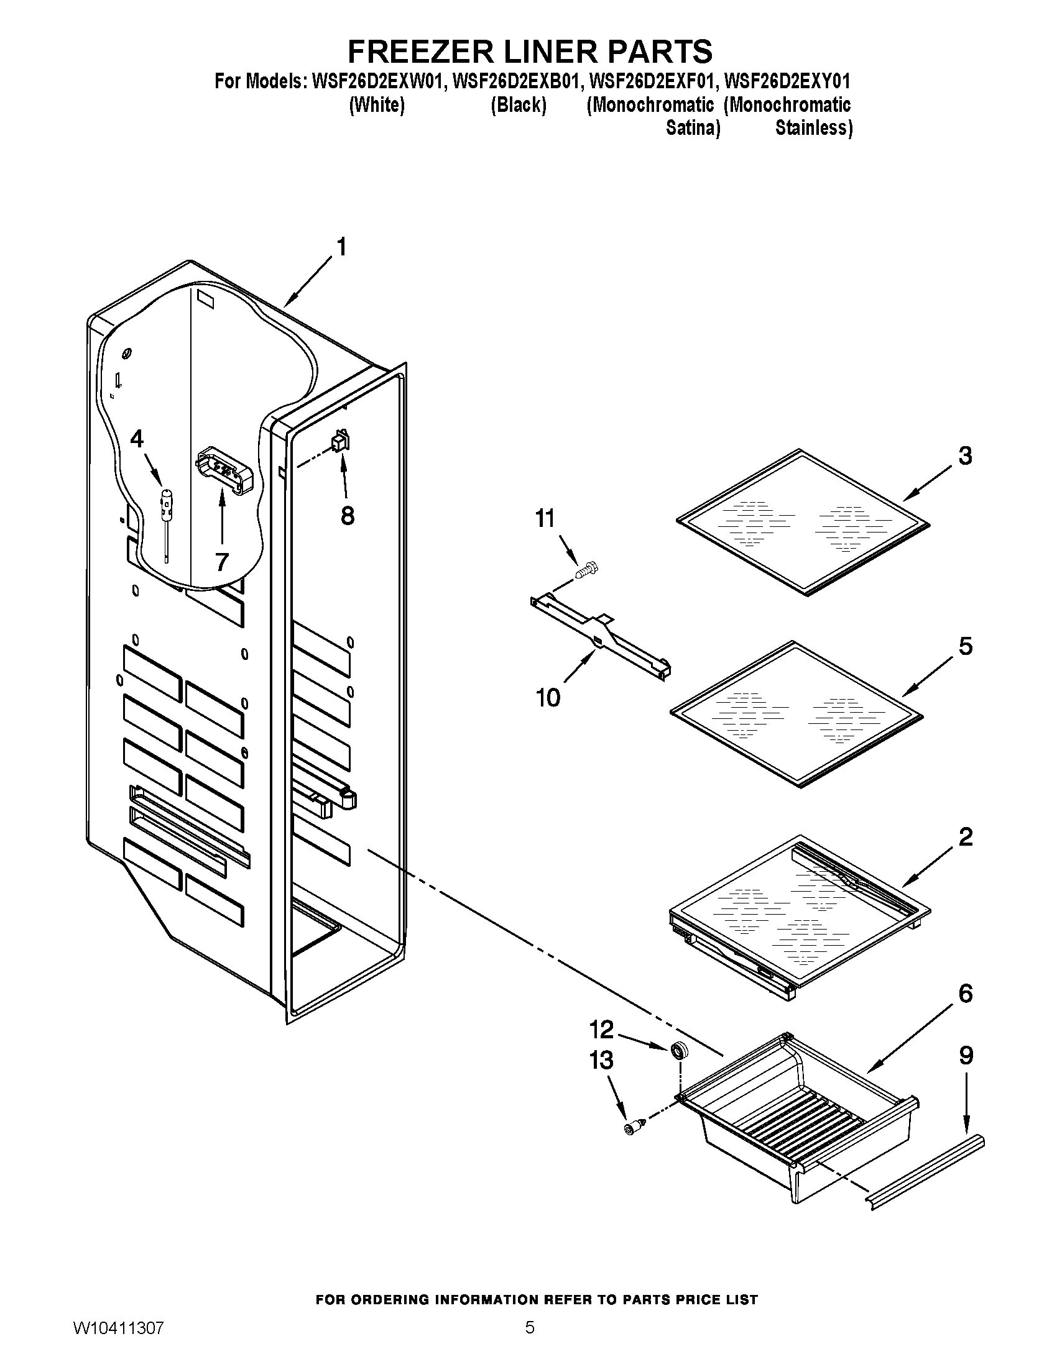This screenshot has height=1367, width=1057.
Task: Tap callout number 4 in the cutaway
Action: pyautogui.click(x=137, y=439)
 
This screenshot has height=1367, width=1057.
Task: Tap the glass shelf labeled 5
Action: pyautogui.click(x=796, y=714)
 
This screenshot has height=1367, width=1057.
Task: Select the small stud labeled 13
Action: pyautogui.click(x=633, y=1127)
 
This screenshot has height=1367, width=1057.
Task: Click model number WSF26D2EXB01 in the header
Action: pyautogui.click(x=513, y=81)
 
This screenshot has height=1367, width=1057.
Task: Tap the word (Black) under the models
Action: pyautogui.click(x=519, y=105)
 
